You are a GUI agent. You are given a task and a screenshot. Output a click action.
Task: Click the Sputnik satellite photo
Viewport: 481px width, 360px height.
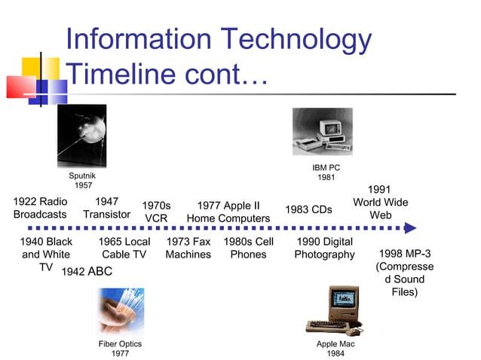pyautogui.click(x=82, y=136)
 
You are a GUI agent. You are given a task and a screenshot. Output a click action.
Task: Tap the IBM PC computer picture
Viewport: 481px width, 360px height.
pyautogui.click(x=322, y=131)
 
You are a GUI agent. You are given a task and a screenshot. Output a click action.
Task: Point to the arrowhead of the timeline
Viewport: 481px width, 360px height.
pyautogui.click(x=410, y=227)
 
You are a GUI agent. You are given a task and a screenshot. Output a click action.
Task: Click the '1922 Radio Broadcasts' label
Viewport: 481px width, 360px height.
pyautogui.click(x=40, y=208)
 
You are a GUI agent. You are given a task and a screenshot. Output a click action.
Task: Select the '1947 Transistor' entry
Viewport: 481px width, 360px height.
pyautogui.click(x=106, y=208)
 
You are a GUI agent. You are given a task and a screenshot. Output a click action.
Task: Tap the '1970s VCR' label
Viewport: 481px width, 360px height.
pyautogui.click(x=156, y=212)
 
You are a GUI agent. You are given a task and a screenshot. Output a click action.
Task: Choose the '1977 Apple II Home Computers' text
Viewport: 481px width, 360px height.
pyautogui.click(x=228, y=212)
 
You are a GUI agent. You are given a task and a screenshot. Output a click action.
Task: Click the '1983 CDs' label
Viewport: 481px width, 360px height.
pyautogui.click(x=308, y=209)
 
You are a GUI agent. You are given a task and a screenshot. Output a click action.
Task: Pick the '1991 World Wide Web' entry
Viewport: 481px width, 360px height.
pyautogui.click(x=380, y=203)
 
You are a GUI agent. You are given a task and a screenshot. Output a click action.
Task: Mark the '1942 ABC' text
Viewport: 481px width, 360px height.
pyautogui.click(x=86, y=272)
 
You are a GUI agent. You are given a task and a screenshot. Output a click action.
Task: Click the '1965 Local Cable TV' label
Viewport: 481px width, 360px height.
pyautogui.click(x=124, y=249)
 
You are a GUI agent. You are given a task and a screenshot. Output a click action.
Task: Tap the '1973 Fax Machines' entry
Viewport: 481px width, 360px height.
pyautogui.click(x=188, y=249)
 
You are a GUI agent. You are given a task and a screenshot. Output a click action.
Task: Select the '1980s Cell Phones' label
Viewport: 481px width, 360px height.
pyautogui.click(x=248, y=249)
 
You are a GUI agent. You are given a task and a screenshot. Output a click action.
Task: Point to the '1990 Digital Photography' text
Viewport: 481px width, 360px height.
pyautogui.click(x=324, y=249)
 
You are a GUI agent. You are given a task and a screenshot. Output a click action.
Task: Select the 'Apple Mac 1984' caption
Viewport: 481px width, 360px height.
pyautogui.click(x=335, y=349)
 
